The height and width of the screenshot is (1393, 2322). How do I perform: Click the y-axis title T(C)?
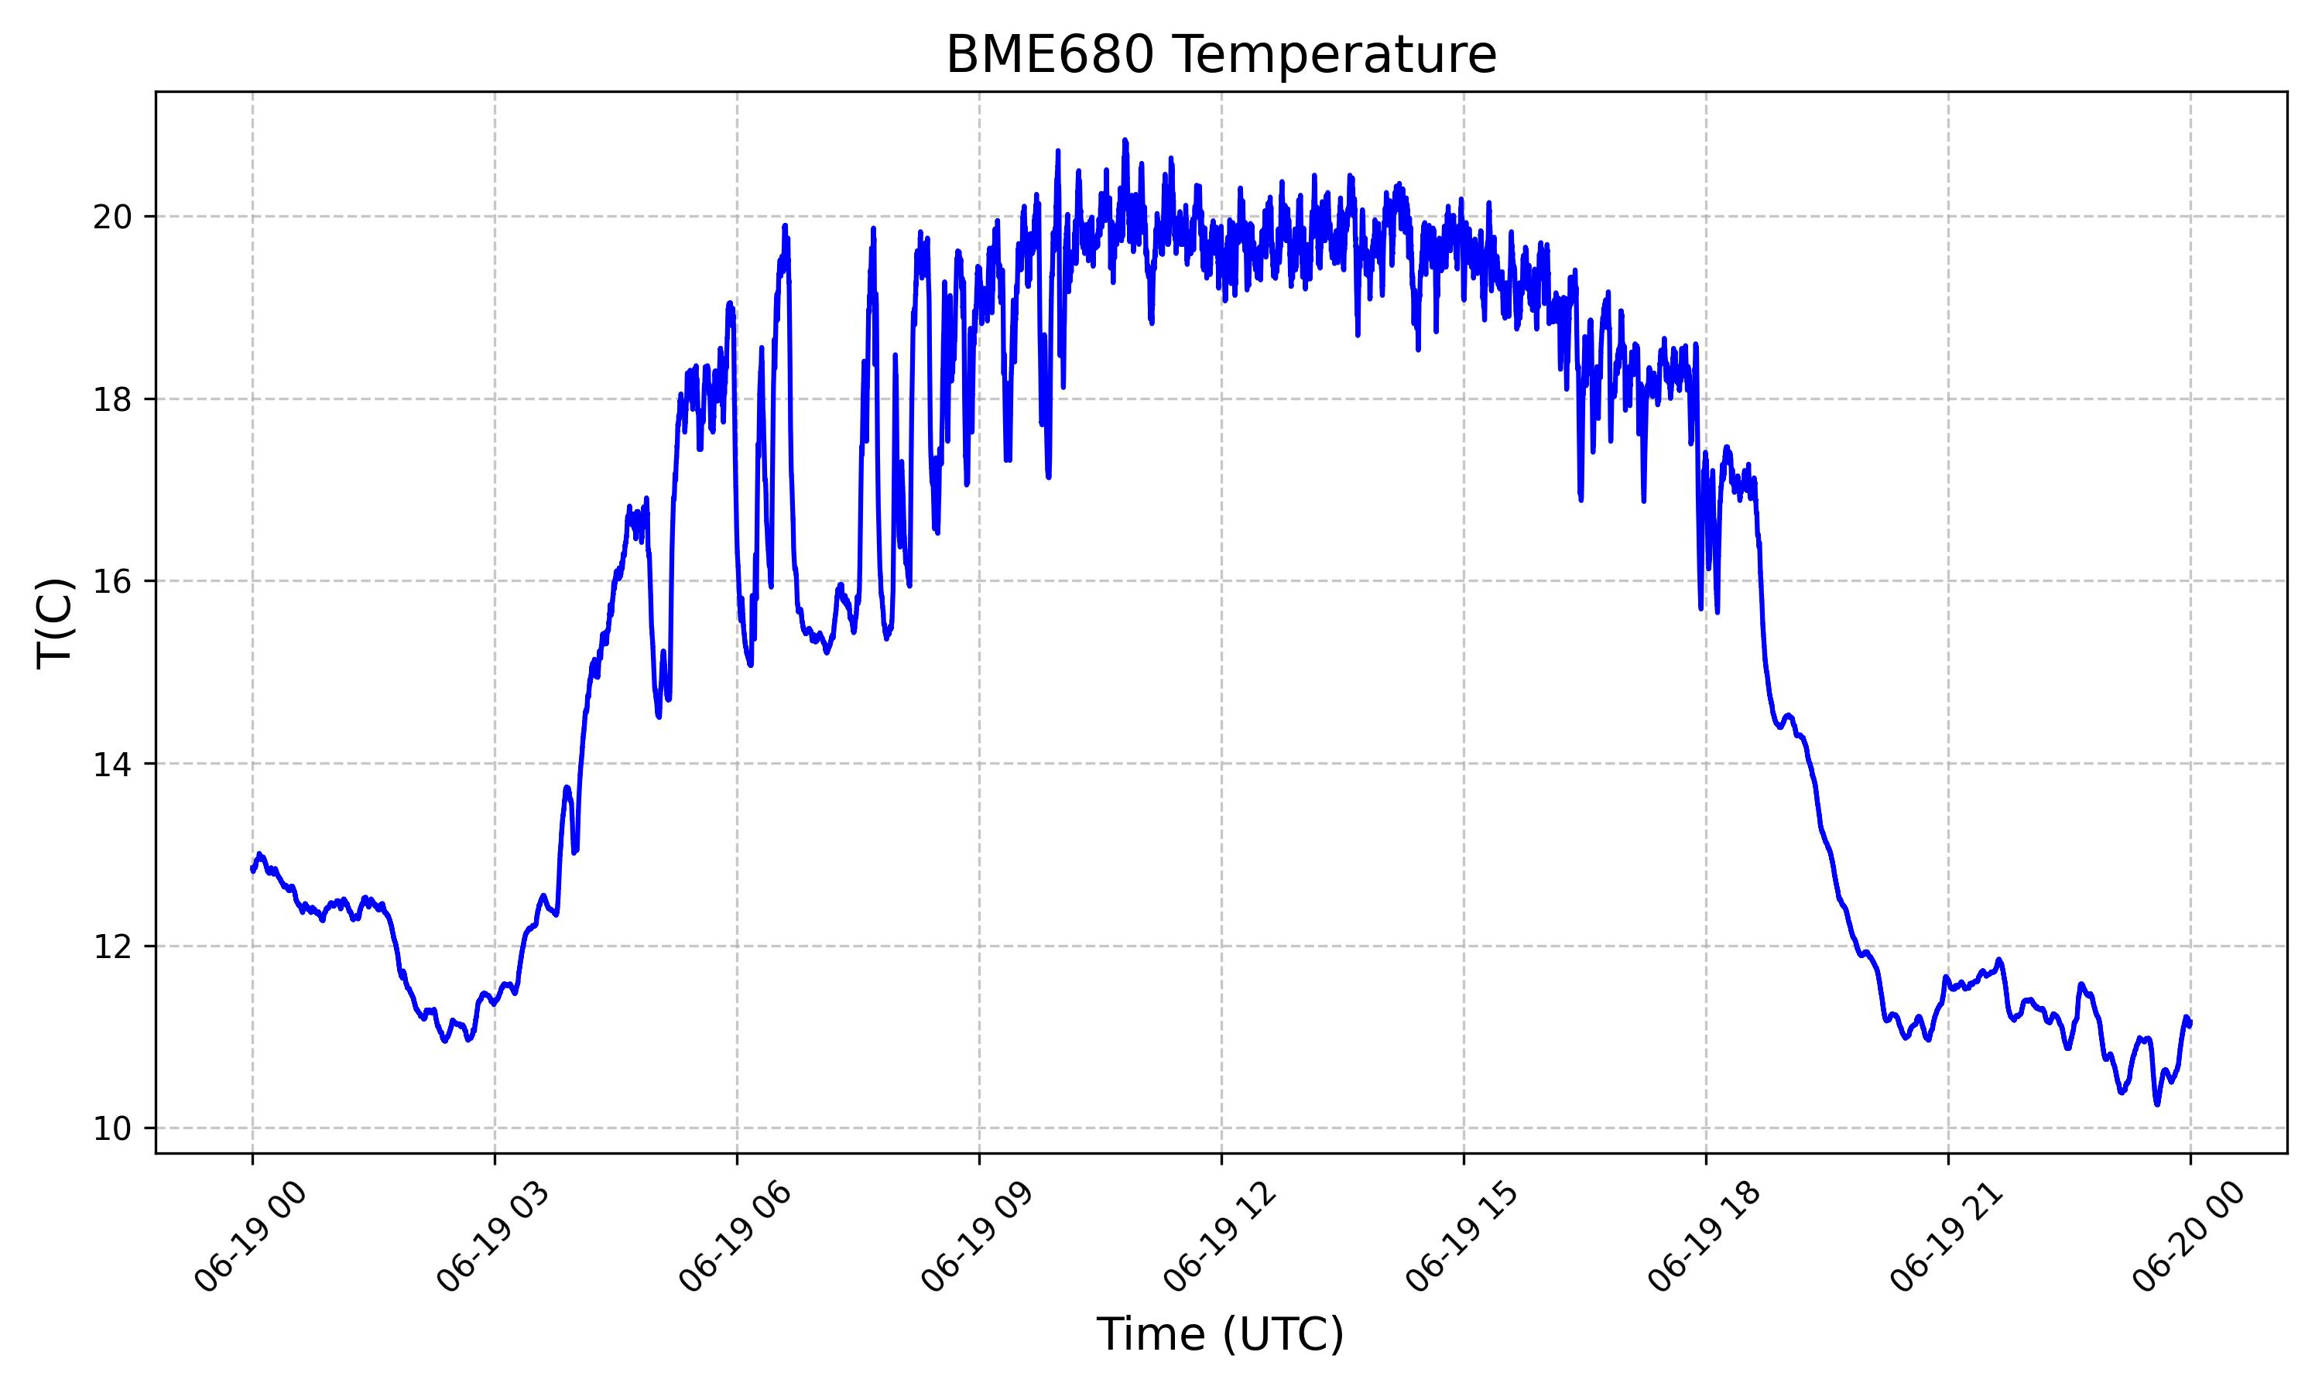(x=54, y=622)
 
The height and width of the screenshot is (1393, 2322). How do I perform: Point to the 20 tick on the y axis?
(x=111, y=217)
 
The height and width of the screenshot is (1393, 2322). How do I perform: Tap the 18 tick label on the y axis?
(x=111, y=399)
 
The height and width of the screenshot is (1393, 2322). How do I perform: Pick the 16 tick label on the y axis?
(x=111, y=581)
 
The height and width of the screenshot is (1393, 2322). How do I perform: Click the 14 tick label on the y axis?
(x=111, y=763)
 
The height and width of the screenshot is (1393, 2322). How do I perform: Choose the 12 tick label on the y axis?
(x=111, y=946)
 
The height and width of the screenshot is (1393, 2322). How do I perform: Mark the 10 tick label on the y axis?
(x=111, y=1128)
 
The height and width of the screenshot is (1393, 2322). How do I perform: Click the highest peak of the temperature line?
(x=1125, y=140)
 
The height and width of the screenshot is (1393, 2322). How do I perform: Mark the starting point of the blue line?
(x=252, y=869)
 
